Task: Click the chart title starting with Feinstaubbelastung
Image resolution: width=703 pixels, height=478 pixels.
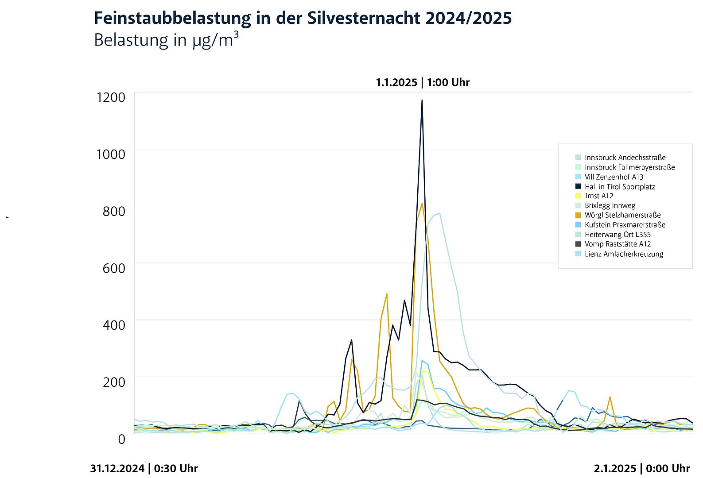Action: pyautogui.click(x=303, y=18)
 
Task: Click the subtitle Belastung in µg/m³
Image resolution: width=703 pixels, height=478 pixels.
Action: pyautogui.click(x=166, y=40)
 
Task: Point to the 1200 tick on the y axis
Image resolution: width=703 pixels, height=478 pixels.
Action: pyautogui.click(x=111, y=97)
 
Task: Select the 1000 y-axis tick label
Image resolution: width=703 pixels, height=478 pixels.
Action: pyautogui.click(x=111, y=154)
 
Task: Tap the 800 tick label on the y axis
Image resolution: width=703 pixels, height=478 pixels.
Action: pyautogui.click(x=114, y=211)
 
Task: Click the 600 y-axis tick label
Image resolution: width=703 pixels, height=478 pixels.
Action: pyautogui.click(x=114, y=268)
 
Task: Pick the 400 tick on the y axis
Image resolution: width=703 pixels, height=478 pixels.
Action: pyautogui.click(x=114, y=325)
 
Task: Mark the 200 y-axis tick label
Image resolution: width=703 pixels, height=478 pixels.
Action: pyautogui.click(x=114, y=382)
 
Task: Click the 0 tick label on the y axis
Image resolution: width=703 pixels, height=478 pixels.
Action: pyautogui.click(x=121, y=439)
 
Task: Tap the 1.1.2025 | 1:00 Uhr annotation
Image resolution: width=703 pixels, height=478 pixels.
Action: pyautogui.click(x=423, y=82)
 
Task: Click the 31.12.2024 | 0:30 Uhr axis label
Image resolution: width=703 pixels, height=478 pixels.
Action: pyautogui.click(x=144, y=468)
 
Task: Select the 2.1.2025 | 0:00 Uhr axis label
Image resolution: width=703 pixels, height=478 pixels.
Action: pyautogui.click(x=642, y=468)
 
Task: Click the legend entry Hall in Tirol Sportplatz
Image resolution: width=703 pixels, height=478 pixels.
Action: pyautogui.click(x=619, y=187)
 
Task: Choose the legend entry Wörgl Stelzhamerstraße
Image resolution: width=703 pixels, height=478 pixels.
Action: pyautogui.click(x=622, y=215)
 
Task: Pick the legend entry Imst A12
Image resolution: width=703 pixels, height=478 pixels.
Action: pyautogui.click(x=599, y=196)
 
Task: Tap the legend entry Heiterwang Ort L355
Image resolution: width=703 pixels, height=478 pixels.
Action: pyautogui.click(x=617, y=235)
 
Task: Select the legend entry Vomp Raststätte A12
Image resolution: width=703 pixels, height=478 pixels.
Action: pyautogui.click(x=618, y=244)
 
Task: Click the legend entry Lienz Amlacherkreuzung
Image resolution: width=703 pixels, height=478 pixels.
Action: pyautogui.click(x=624, y=254)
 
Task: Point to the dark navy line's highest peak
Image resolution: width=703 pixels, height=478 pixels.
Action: pyautogui.click(x=422, y=100)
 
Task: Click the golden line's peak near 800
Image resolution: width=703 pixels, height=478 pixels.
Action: pyautogui.click(x=422, y=204)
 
